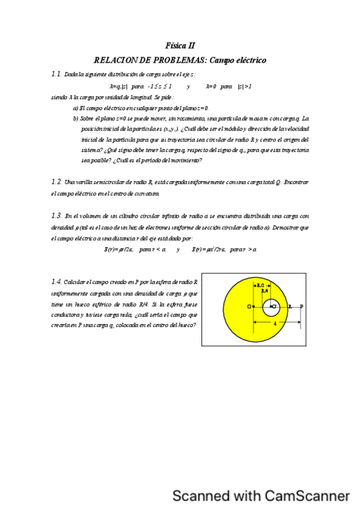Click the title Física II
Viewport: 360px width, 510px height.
pyautogui.click(x=180, y=45)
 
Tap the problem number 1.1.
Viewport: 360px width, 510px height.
pyautogui.click(x=56, y=75)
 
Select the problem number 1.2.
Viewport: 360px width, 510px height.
pyautogui.click(x=56, y=182)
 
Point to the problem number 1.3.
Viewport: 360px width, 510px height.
pyautogui.click(x=56, y=215)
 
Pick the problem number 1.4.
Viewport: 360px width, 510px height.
pyautogui.click(x=56, y=281)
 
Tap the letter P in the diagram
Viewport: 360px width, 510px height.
pyautogui.click(x=301, y=307)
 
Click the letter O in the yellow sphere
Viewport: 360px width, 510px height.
pyautogui.click(x=249, y=307)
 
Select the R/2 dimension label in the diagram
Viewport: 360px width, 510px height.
pyautogui.click(x=260, y=286)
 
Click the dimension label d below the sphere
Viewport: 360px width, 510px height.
pyautogui.click(x=275, y=324)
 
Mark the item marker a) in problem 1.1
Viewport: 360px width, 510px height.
pyautogui.click(x=75, y=108)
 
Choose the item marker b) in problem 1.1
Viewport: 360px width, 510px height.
pyautogui.click(x=75, y=118)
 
